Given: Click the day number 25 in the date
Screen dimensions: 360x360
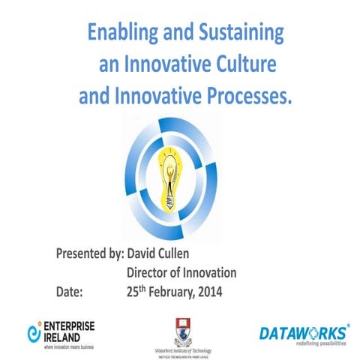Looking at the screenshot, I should [133, 289].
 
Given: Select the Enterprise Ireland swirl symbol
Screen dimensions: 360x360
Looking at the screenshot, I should [33, 331].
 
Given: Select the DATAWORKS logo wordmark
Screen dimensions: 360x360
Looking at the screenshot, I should [301, 332].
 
